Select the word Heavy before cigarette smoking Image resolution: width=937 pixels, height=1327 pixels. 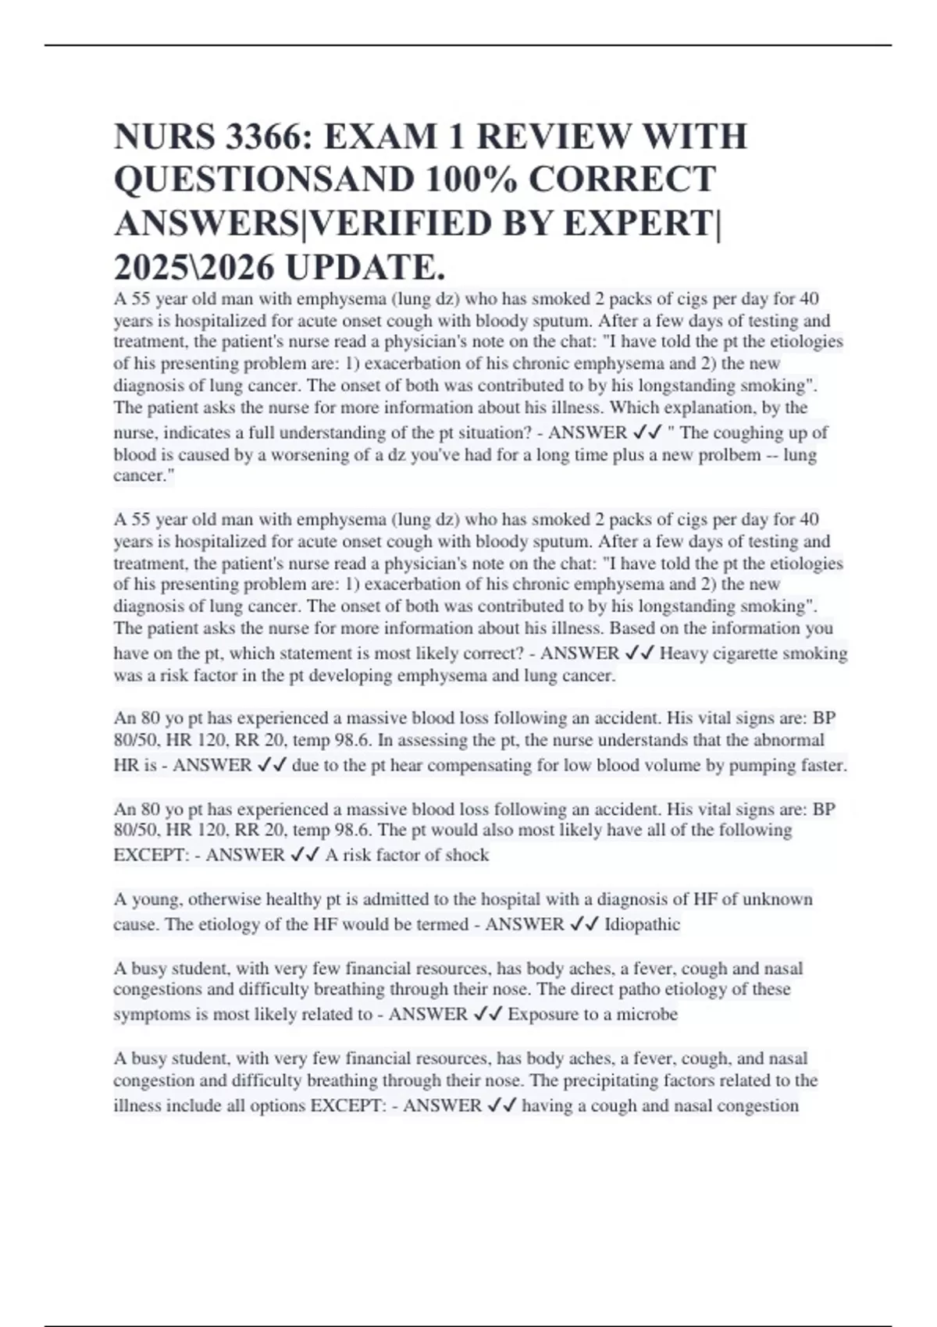coord(682,653)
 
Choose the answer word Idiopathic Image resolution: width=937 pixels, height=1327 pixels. coord(642,924)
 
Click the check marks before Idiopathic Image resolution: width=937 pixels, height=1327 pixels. coord(584,924)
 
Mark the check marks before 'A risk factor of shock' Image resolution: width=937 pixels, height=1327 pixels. coord(305,855)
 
